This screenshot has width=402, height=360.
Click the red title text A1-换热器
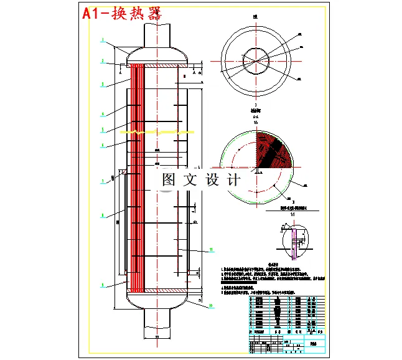[122, 14]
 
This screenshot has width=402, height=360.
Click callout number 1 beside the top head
[103, 39]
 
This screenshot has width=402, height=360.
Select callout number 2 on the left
[103, 61]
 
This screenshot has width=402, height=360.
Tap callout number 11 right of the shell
[211, 249]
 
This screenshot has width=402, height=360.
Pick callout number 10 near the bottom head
[211, 305]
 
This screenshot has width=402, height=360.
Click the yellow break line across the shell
[162, 132]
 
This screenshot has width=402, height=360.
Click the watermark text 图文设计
[201, 180]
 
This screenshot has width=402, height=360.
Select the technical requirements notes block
[274, 277]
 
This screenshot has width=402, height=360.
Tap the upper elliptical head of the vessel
[157, 55]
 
